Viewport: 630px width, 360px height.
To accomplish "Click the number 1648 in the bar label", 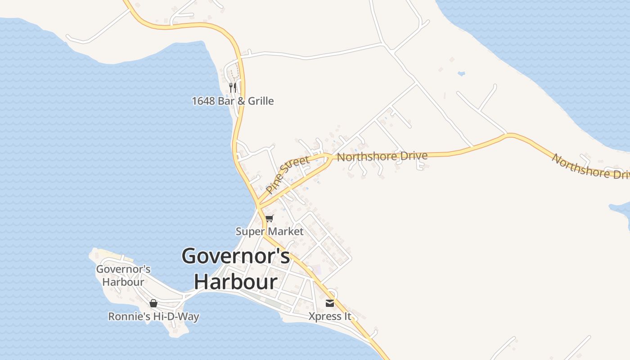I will point(203,101).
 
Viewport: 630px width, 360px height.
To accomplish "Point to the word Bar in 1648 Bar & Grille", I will point(226,101).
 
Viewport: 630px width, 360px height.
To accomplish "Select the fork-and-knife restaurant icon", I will point(233,87).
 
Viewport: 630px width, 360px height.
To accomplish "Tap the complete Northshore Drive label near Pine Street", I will point(382,157).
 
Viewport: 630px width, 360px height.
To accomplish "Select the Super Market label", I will point(270,232).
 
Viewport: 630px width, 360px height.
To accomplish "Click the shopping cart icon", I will point(269,219).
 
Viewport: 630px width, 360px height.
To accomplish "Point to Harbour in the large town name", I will point(235,282).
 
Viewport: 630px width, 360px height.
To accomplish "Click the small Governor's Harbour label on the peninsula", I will point(123,275).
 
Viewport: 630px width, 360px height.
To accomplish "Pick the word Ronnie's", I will point(129,316).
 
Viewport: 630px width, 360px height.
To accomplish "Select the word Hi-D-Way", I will point(176,316).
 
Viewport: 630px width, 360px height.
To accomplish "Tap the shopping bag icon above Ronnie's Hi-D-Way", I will point(153,303).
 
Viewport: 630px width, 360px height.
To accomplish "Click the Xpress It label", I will point(330,316).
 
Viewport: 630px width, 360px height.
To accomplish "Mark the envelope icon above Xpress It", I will point(330,303).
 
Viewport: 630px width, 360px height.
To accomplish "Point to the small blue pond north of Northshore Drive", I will point(461,73).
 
